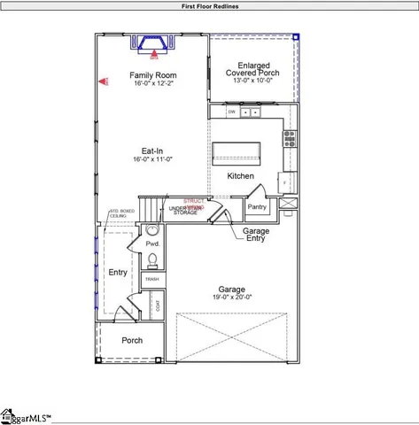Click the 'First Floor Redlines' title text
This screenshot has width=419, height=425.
[209, 5]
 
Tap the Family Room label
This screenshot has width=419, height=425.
[153, 75]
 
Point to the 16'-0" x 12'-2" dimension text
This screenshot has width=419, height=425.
[153, 84]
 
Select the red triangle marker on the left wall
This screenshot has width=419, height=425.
[102, 81]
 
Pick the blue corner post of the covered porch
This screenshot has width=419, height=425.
[296, 37]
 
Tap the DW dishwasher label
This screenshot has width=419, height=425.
[232, 112]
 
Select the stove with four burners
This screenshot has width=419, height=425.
[289, 138]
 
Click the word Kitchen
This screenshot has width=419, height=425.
[240, 176]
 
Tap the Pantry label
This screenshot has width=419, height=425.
[257, 206]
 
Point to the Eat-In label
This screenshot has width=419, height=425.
[151, 151]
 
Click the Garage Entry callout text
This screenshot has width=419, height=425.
[257, 235]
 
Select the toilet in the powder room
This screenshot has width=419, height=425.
[152, 259]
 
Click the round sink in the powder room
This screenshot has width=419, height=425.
[150, 231]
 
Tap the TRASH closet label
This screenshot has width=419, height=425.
[152, 279]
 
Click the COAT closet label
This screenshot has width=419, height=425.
[158, 306]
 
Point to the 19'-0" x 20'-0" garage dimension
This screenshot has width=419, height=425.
[232, 297]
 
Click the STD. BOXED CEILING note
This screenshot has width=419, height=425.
[120, 213]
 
